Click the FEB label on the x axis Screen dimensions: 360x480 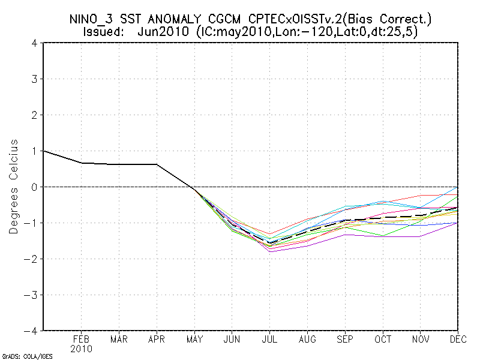[x=82, y=339]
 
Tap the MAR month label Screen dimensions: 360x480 [x=119, y=339]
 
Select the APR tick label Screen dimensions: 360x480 [x=157, y=339]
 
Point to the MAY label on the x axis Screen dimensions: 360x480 [x=194, y=339]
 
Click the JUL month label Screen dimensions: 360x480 [x=270, y=339]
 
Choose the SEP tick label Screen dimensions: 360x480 [x=345, y=339]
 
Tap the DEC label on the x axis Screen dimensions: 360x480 [x=458, y=339]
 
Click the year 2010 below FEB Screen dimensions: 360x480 [x=82, y=349]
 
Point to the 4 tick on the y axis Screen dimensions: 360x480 [x=35, y=43]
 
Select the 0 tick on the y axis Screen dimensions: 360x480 [x=35, y=187]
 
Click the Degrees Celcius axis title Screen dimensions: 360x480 [x=13, y=187]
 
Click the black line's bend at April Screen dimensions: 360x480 [x=157, y=164]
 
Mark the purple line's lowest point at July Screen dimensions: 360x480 [x=270, y=251]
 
